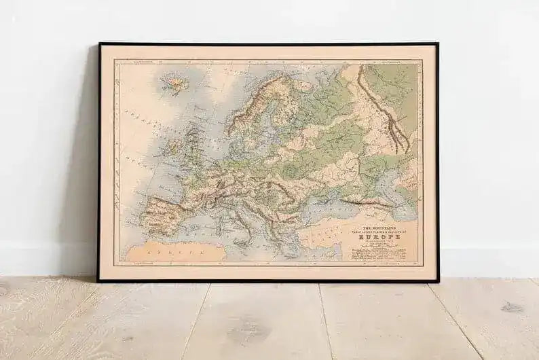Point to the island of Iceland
pyautogui.click(x=172, y=84)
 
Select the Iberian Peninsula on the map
pyautogui.click(x=170, y=211)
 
